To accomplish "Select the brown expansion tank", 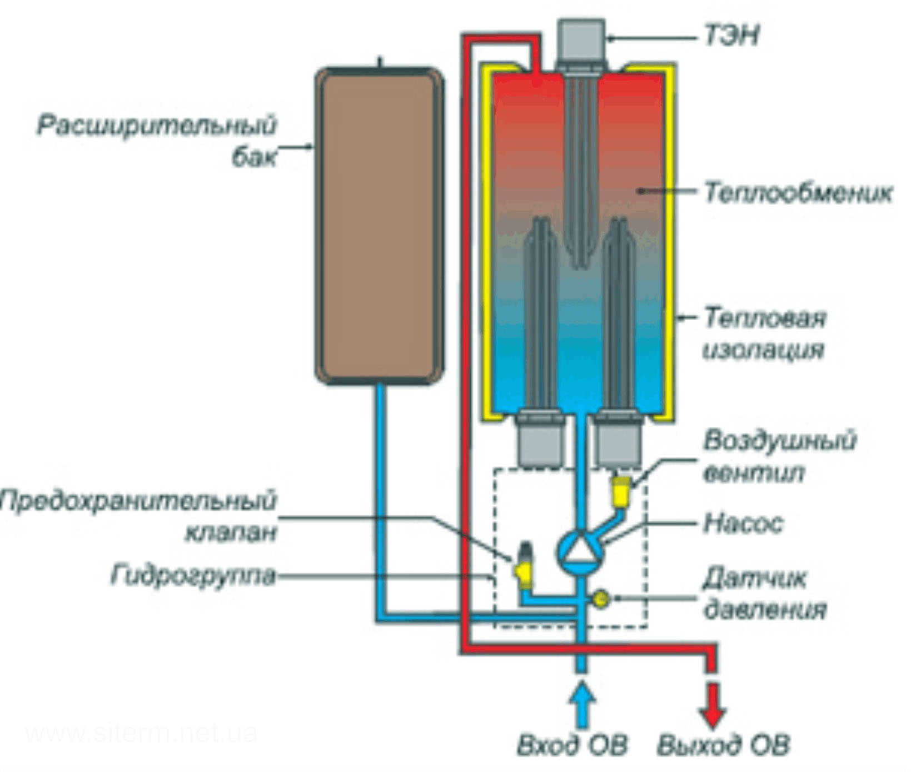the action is coord(379,226).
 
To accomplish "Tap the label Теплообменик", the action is coord(798,193).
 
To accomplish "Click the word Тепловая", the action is coord(765,318).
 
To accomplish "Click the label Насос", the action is coord(743,523).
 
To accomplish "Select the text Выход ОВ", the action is coord(723,745).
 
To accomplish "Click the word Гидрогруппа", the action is coord(193,576).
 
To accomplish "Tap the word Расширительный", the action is coord(156,126).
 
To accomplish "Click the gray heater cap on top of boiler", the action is coord(581,39).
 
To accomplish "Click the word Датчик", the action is coord(754,579).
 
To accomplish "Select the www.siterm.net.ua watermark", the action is coord(141,734).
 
